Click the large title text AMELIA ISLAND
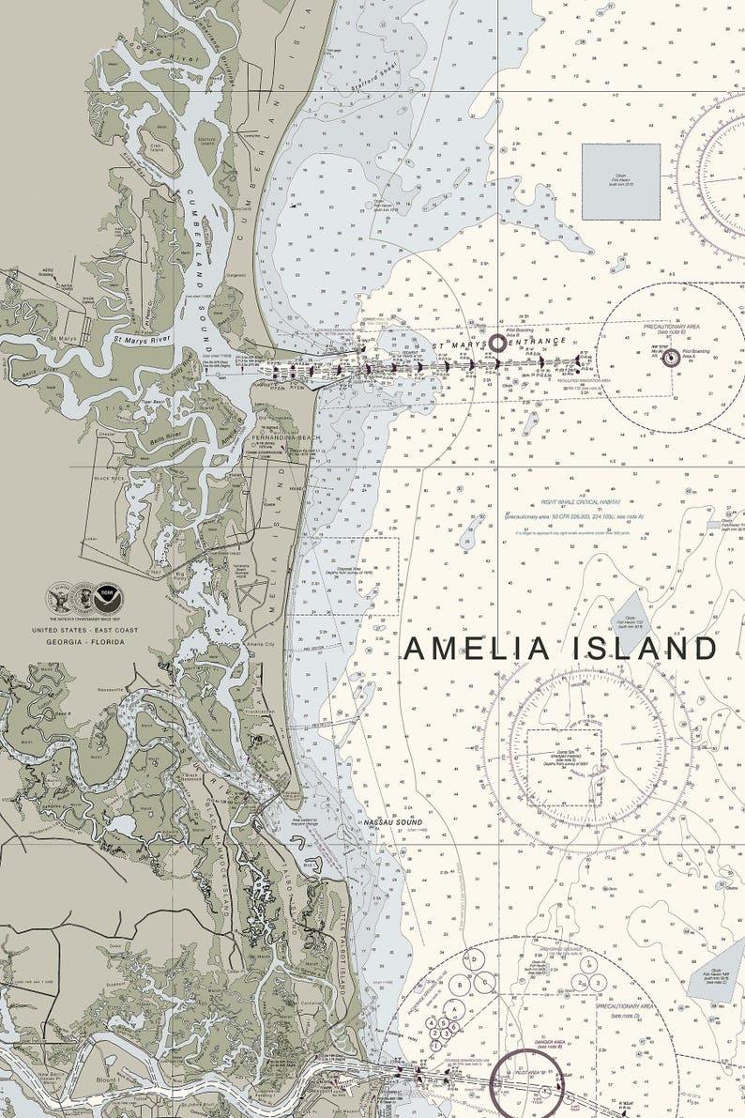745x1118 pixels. coord(560,649)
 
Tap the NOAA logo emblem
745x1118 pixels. coord(107,597)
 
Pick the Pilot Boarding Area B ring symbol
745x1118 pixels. coord(497,344)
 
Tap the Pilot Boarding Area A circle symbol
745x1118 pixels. coord(670,357)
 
